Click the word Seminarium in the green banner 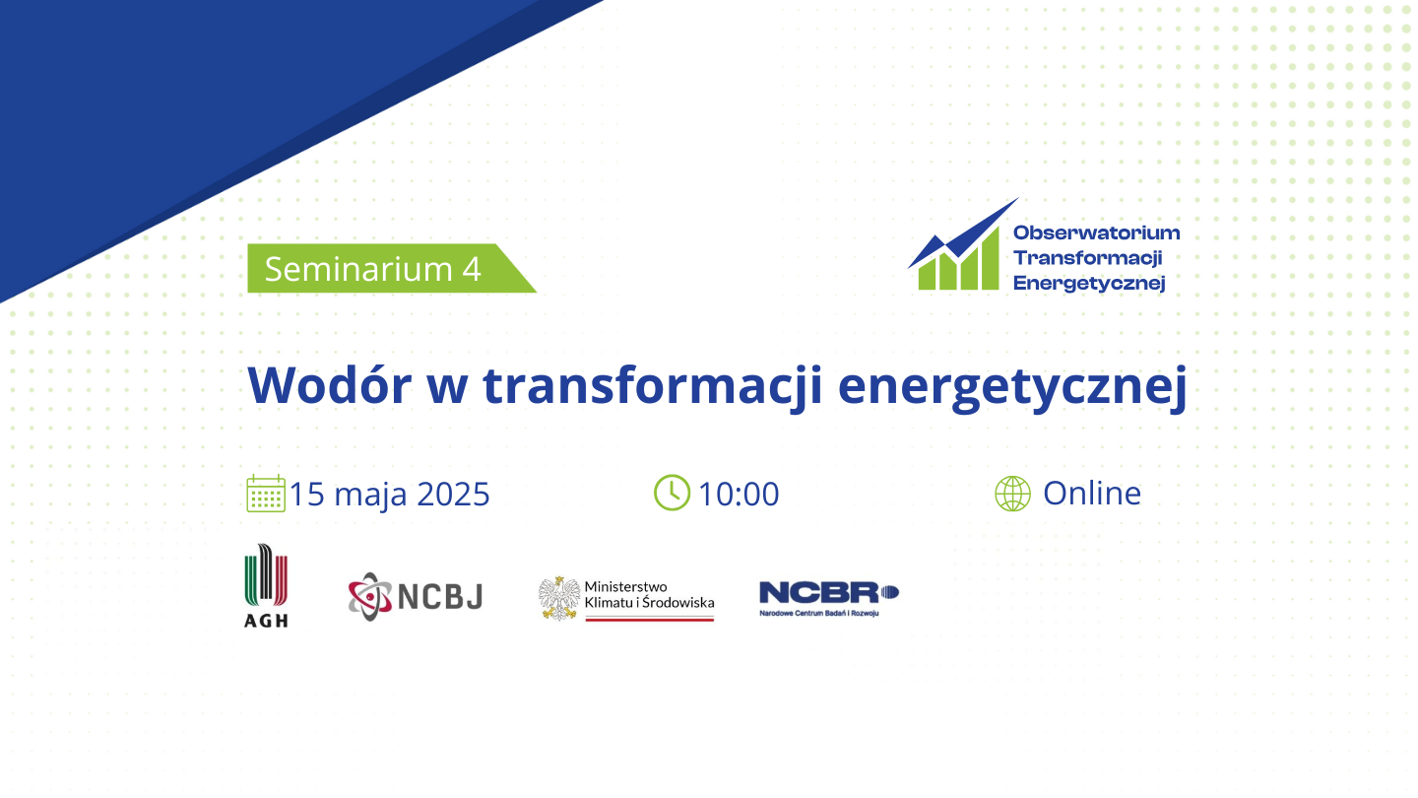pos(358,269)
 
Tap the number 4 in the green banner pos(472,269)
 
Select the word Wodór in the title pos(329,385)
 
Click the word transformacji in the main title pos(653,387)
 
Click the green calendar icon pos(266,494)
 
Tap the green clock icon pos(672,493)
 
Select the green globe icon pos(1013,494)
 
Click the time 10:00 pos(739,494)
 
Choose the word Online pos(1092,493)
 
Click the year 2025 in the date pos(453,494)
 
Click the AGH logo pos(266,585)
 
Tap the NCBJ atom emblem pos(369,596)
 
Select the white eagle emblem pos(559,598)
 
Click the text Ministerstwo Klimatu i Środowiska pos(649,595)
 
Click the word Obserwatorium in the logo pos(1096,233)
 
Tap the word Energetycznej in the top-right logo pos(1089,283)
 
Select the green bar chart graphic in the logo pos(958,263)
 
